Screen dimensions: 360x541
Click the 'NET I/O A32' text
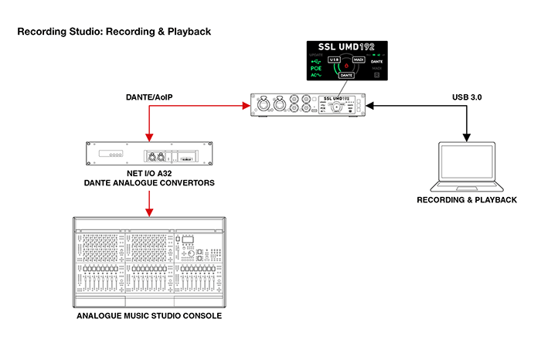click(x=150, y=174)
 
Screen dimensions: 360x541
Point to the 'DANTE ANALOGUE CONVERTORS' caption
click(x=150, y=183)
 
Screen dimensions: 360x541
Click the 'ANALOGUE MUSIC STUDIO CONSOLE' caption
click(x=150, y=316)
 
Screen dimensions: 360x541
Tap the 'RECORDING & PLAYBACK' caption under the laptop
click(x=466, y=200)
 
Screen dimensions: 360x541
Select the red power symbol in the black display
click(x=347, y=66)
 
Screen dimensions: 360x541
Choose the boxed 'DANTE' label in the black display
click(x=346, y=75)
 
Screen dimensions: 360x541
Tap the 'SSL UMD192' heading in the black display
click(x=346, y=46)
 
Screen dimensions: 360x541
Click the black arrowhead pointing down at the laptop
click(x=466, y=138)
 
